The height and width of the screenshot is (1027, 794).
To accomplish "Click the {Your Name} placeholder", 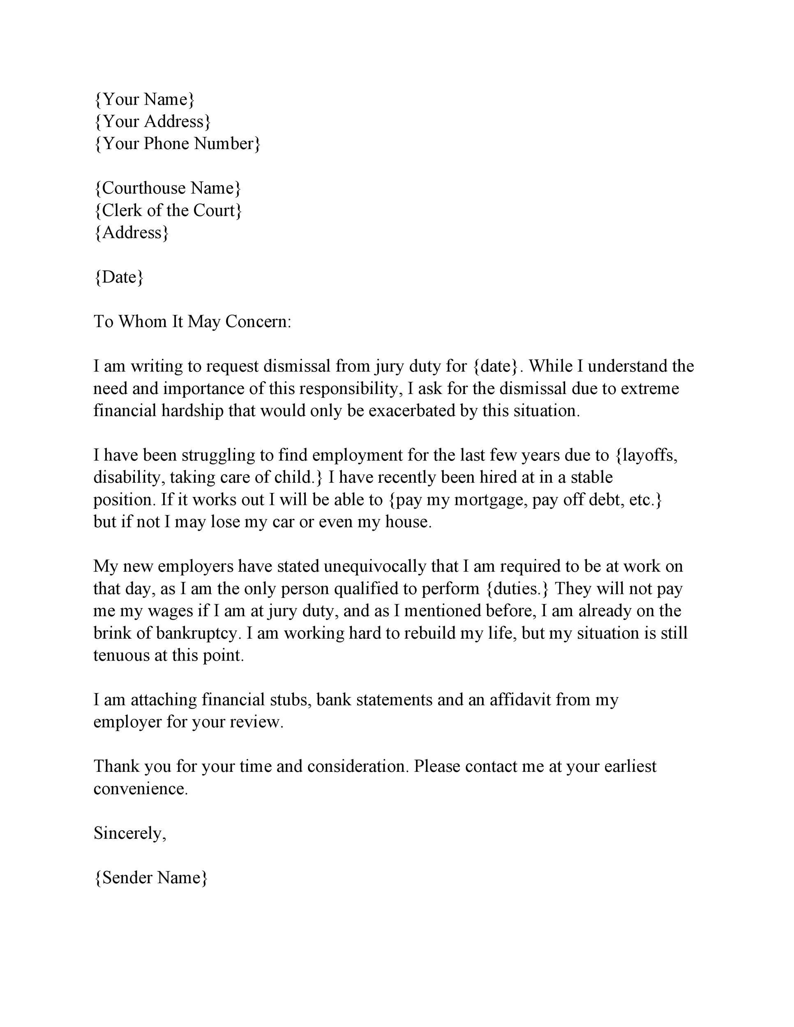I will click(144, 100).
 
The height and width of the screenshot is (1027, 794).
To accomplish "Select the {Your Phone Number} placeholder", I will click(177, 144).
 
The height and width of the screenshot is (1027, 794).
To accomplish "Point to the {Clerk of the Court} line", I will click(168, 211).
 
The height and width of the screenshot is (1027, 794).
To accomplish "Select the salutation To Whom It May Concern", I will click(192, 322).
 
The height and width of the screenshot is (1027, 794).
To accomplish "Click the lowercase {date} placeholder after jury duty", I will click(496, 366).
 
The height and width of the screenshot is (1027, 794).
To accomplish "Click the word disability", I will click(128, 478).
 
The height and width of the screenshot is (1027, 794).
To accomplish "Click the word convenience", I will click(140, 789).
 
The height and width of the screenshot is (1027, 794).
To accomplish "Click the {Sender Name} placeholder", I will click(150, 878).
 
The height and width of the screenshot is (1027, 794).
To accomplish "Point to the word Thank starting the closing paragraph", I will click(117, 767).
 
